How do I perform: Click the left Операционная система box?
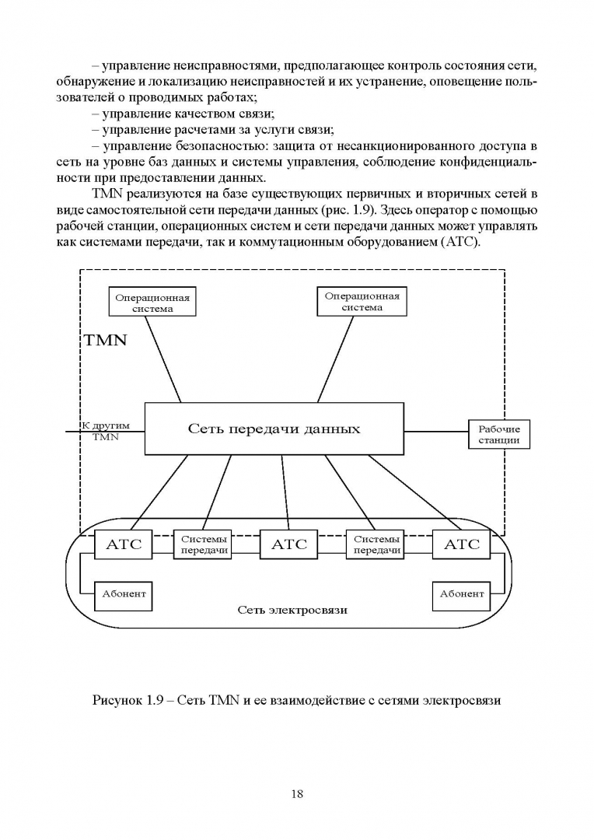point(152,303)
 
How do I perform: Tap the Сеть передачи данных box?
point(274,429)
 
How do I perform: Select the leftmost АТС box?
point(124,544)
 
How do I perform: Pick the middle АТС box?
point(288,544)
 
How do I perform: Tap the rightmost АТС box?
point(462,544)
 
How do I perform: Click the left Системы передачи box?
point(204,544)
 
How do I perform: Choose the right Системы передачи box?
point(377,544)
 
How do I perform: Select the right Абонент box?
point(462,594)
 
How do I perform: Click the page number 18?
point(297,794)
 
